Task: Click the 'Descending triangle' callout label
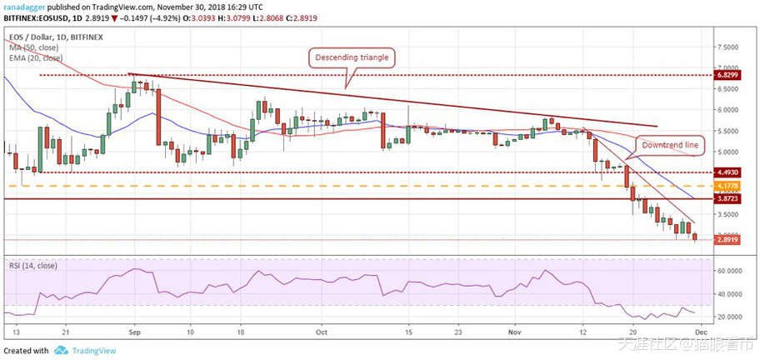(351, 57)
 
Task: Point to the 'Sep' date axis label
(134, 331)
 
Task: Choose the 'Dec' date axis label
(696, 331)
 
